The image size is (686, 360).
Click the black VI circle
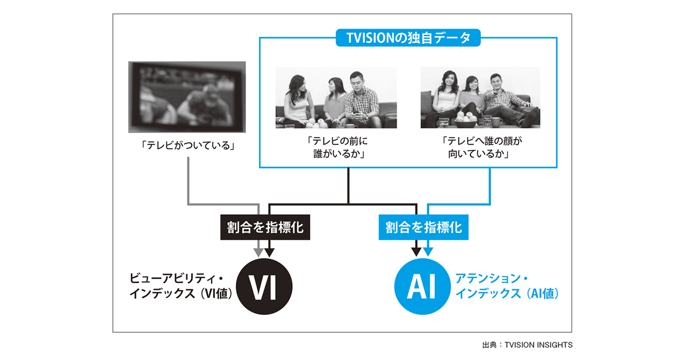(x=264, y=287)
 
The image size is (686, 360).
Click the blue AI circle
(x=423, y=287)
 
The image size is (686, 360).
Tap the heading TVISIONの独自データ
(x=408, y=38)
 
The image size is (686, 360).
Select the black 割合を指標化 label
(x=265, y=227)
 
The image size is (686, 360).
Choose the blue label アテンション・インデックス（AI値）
(x=506, y=287)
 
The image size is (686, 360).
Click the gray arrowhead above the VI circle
(x=259, y=251)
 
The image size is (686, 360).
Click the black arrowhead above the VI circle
(x=269, y=251)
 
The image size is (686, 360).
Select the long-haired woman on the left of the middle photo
(x=298, y=100)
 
